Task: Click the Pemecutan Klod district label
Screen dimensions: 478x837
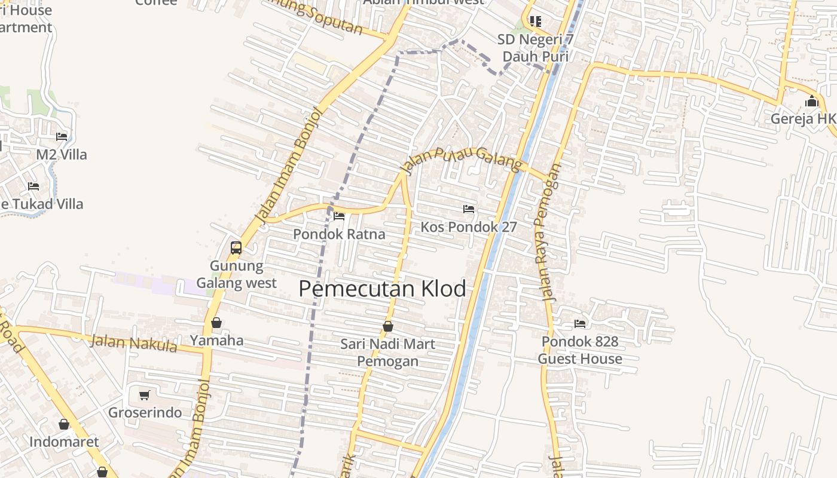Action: (x=382, y=289)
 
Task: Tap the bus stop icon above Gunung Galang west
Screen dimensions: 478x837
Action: (x=236, y=247)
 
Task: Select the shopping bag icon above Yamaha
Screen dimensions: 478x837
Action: (x=216, y=323)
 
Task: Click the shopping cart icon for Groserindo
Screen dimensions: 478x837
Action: (x=144, y=395)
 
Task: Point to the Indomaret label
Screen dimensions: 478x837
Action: (x=64, y=442)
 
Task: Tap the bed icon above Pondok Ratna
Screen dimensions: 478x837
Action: (x=339, y=216)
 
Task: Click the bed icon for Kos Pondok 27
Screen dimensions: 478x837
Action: (x=469, y=209)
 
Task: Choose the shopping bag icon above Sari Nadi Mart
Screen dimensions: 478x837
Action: (x=388, y=326)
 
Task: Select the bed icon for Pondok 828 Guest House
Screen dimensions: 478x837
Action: (x=579, y=323)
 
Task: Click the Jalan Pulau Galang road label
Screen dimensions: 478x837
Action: (x=462, y=160)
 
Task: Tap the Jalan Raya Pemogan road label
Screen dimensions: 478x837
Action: (x=548, y=233)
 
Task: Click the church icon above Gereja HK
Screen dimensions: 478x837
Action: (x=811, y=100)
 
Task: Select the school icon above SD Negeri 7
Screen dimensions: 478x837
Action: (x=535, y=22)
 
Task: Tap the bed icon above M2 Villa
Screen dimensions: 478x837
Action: (x=62, y=136)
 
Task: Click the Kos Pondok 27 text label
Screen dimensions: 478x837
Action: (x=469, y=227)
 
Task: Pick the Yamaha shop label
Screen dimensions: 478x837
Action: (x=216, y=341)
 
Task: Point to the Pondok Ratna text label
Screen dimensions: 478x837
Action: (x=339, y=234)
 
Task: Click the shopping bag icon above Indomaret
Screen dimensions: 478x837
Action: (x=64, y=424)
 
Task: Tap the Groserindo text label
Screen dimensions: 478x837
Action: (x=145, y=413)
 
